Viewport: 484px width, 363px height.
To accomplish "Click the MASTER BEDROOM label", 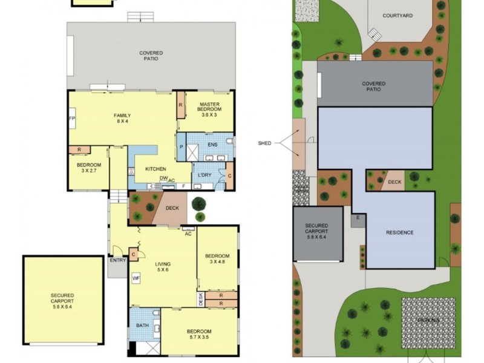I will point(210,106).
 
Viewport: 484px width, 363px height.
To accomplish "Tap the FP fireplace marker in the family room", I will point(71,119).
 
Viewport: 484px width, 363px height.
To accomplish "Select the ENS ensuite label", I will point(212,145).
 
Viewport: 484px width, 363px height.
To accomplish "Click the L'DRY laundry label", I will point(204,175).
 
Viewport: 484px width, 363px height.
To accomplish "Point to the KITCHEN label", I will point(155,169).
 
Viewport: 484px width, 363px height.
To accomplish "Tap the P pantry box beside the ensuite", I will point(181,146).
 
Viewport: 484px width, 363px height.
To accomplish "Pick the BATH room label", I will point(142,325).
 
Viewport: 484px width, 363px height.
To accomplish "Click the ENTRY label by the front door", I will point(117,260).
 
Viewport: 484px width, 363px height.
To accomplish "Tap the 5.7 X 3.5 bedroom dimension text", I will point(199,338).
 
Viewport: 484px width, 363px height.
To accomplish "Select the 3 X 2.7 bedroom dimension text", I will point(88,171).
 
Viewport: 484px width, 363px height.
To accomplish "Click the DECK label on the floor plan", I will point(172,208).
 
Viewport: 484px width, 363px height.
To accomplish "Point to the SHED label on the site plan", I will point(264,143).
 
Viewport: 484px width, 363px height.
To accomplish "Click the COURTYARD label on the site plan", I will point(397,15).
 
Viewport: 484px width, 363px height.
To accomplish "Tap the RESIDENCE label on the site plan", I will point(399,232).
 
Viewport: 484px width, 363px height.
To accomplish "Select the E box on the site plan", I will point(358,217).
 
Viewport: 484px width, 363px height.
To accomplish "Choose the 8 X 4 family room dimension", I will point(123,122).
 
